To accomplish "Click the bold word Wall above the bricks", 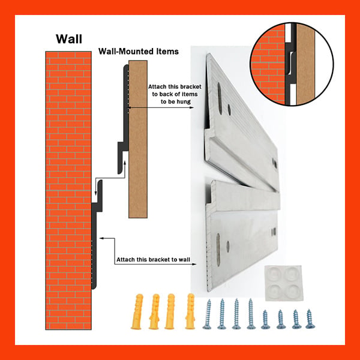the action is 69,39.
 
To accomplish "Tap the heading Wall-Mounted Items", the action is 139,51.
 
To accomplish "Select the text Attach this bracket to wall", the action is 153,259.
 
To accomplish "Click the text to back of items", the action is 175,94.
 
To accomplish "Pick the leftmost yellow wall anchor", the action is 137,311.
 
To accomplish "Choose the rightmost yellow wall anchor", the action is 190,311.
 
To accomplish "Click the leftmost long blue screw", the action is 208,314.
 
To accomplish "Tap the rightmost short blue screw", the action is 310,319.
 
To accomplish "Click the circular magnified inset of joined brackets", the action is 292,64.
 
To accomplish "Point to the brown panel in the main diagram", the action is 138,139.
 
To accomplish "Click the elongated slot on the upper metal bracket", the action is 220,98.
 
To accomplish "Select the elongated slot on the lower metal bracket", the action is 218,250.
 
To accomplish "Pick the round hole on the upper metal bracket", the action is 229,110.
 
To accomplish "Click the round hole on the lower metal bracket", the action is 228,247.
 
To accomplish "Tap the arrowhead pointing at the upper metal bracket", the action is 191,107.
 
